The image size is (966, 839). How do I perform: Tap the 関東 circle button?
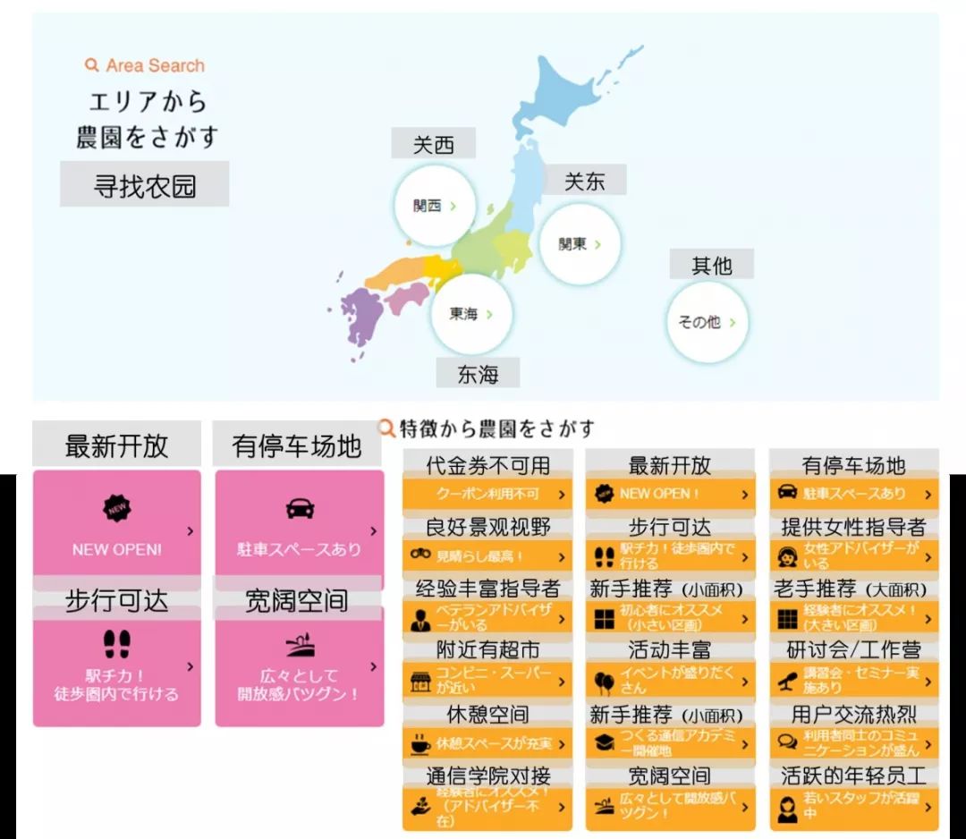[579, 243]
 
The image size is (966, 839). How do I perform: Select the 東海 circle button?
[470, 314]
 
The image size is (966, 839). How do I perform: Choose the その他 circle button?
[706, 322]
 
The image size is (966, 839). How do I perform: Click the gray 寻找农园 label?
[144, 185]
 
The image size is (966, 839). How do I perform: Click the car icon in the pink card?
[300, 508]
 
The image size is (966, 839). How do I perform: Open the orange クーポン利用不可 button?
[487, 494]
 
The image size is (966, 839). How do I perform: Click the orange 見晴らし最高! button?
[487, 555]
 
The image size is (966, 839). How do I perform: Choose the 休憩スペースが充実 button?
[487, 743]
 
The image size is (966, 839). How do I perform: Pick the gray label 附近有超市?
[487, 650]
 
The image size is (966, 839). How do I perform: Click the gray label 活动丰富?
[670, 650]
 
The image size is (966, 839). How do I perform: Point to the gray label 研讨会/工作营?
[853, 650]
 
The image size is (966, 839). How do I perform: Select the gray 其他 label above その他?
[712, 265]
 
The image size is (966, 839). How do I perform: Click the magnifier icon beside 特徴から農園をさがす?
[386, 428]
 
